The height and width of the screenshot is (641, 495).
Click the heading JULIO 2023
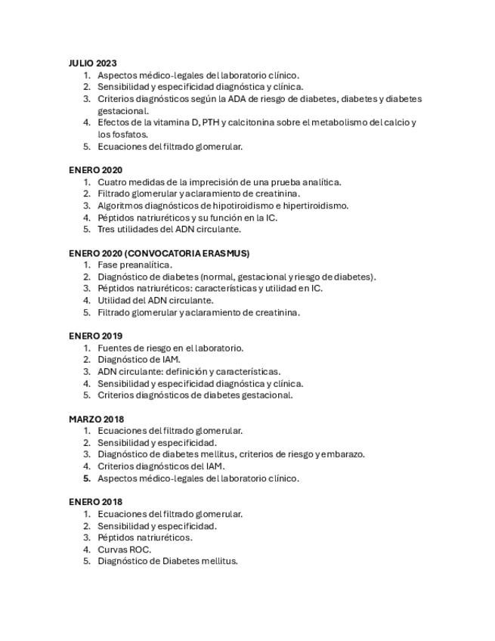[92, 63]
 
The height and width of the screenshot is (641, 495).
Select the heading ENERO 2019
[95, 336]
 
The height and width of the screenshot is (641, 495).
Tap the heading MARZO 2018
[96, 419]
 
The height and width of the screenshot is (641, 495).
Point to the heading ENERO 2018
[95, 502]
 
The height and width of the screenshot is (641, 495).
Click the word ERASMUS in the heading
[226, 253]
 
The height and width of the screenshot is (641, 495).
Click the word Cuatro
[112, 181]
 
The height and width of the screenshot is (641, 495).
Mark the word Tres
[106, 229]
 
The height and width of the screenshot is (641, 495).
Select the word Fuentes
[114, 348]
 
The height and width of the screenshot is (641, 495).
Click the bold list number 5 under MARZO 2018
[87, 478]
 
